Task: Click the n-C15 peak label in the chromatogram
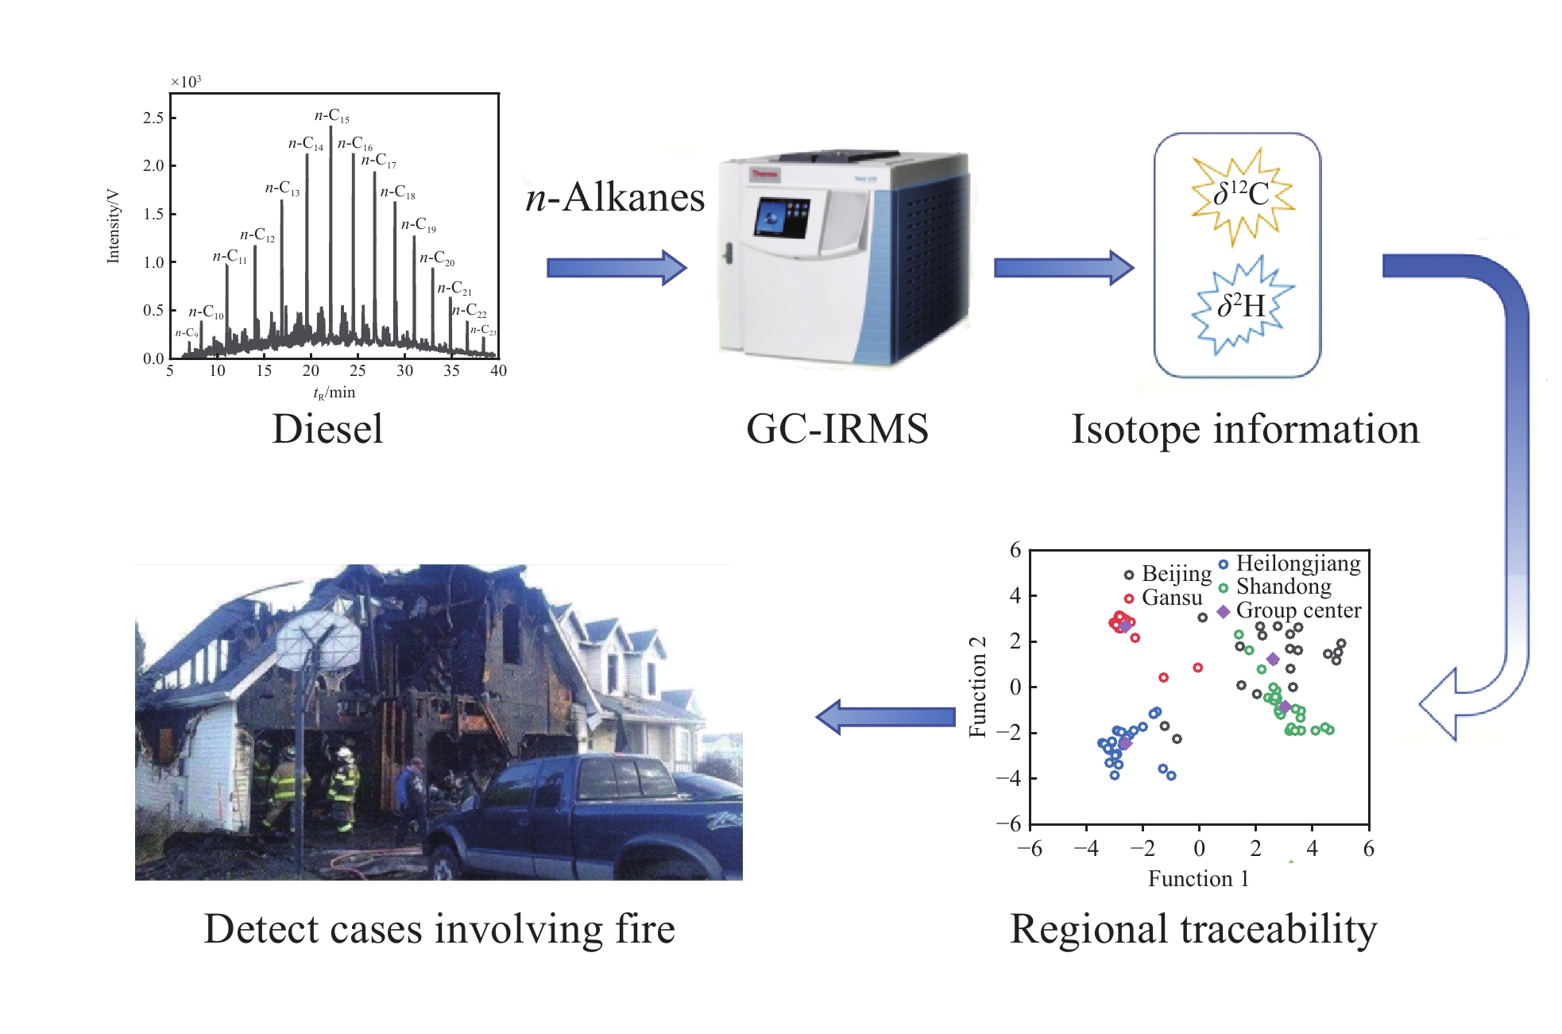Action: pos(332,116)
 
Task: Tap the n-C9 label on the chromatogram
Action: pos(187,333)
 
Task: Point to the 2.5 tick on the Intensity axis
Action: pos(153,118)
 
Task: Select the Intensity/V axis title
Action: pos(113,226)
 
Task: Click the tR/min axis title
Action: pos(334,393)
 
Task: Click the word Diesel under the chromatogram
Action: pos(327,429)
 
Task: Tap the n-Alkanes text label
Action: pos(615,197)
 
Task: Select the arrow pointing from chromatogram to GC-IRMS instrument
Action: pos(617,268)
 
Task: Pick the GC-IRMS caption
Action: pos(837,429)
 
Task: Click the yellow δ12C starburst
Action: pos(1241,196)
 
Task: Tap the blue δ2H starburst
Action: pos(1241,307)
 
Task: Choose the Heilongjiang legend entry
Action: pos(1290,563)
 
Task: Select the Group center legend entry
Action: pos(1290,610)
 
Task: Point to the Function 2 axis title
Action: pos(977,687)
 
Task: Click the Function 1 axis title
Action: pos(1198,878)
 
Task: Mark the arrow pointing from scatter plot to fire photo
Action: pos(885,717)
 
